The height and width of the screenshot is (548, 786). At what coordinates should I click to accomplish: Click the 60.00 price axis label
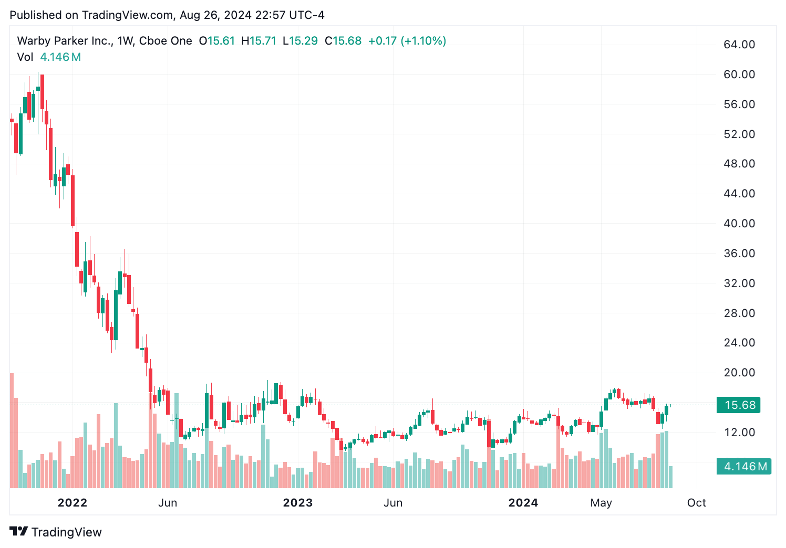point(739,74)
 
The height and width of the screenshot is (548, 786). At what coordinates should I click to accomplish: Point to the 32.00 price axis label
point(739,283)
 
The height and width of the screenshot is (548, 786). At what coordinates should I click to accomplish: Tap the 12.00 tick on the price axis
point(739,432)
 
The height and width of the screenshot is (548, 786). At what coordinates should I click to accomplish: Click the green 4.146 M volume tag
point(744,466)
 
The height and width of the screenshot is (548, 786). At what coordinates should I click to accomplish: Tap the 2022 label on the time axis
point(72,502)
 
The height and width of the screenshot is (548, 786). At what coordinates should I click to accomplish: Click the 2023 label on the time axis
point(297,502)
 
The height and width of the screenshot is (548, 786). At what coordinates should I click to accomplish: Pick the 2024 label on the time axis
point(523,502)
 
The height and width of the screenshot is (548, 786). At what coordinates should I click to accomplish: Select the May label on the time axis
point(601,502)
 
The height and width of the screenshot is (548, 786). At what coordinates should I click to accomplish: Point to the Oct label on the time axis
point(696,502)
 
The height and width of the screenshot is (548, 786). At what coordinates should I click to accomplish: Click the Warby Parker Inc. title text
point(64,41)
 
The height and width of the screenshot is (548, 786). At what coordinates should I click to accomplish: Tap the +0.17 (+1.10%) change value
point(407,41)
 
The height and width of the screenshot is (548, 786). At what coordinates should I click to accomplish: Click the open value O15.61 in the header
point(217,41)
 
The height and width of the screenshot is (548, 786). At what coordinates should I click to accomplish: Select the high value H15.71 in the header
point(258,41)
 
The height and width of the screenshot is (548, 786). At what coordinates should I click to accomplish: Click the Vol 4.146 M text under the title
point(49,57)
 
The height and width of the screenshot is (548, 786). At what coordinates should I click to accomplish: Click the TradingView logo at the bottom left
point(55,532)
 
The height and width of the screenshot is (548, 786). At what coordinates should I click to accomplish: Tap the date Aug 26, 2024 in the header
point(215,15)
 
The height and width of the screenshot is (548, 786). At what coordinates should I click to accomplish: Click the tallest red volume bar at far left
point(12,430)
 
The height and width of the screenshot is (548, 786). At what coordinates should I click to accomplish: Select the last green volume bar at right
point(670,477)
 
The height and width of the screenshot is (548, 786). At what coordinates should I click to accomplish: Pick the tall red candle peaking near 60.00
point(42,92)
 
